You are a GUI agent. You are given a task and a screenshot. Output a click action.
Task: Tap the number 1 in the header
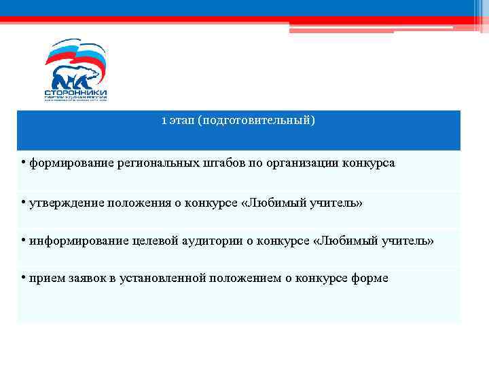164,121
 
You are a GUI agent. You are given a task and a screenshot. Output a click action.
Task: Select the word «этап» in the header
181,121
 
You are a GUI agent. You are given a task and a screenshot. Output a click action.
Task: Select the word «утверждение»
60,203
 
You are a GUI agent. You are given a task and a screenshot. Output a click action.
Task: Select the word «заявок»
81,279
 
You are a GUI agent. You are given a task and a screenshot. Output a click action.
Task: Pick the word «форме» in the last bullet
370,279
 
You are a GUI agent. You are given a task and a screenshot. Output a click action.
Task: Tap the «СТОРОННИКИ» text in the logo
75,92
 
